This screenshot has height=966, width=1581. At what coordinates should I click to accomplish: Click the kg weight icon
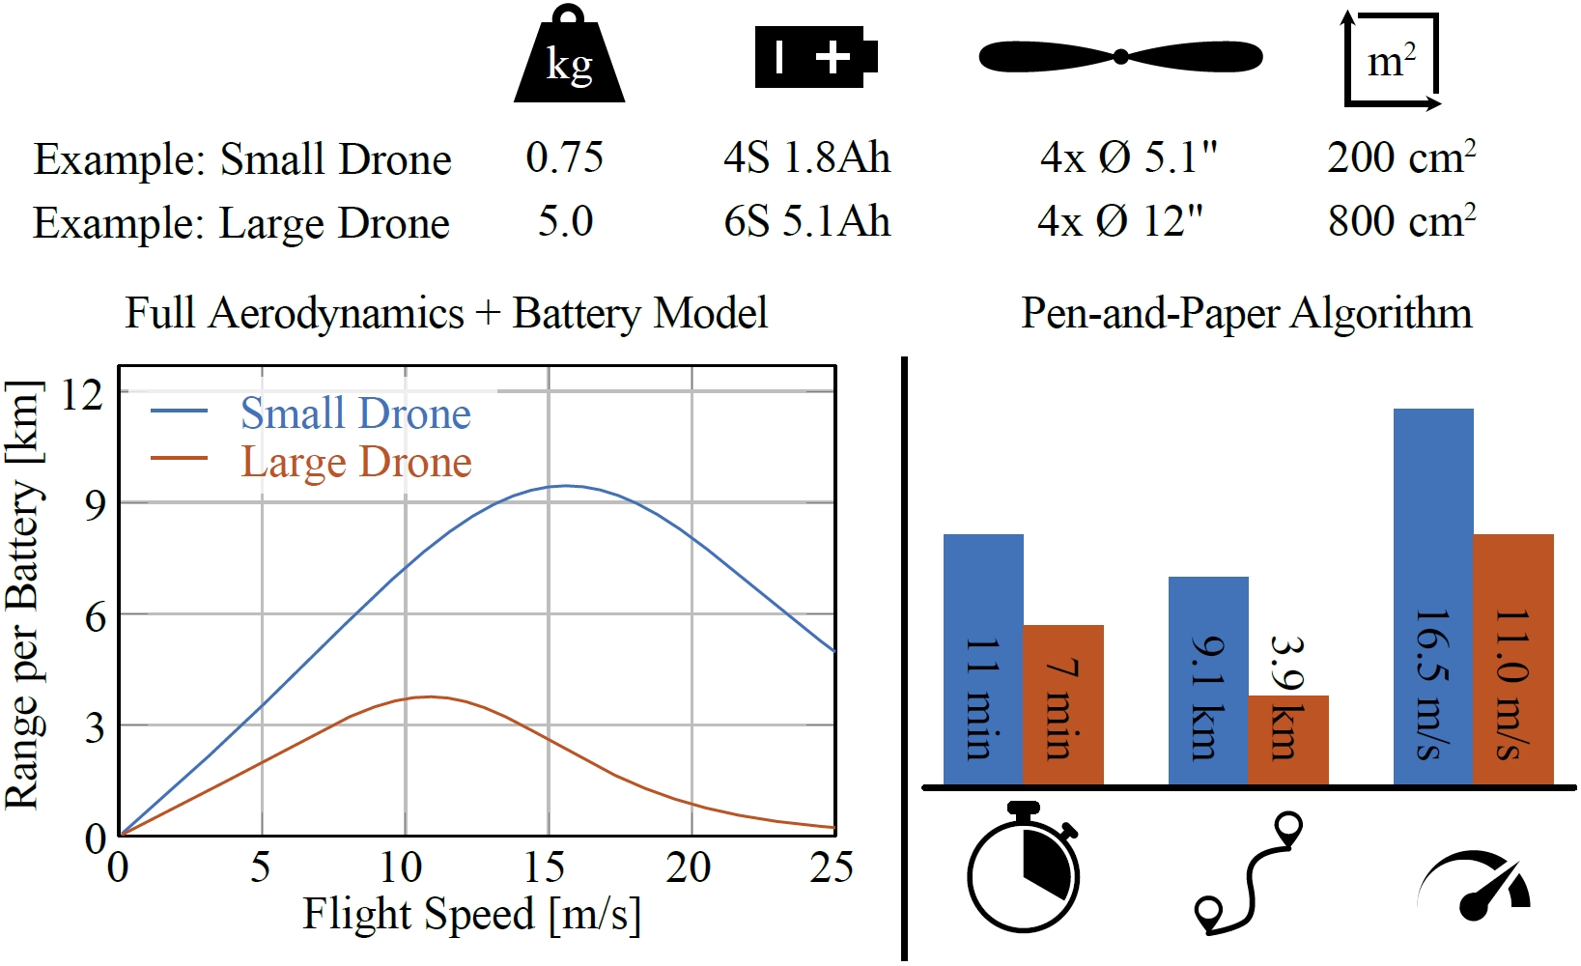(569, 60)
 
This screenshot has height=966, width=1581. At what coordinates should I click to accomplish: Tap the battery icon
(815, 57)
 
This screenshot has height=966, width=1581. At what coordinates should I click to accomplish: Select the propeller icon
(1120, 56)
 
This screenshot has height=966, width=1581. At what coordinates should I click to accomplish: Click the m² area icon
(1392, 60)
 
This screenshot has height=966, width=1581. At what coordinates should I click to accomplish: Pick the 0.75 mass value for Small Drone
(564, 157)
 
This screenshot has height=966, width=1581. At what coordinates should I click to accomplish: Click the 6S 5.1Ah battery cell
(806, 221)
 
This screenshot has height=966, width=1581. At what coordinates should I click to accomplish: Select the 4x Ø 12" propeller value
(1120, 221)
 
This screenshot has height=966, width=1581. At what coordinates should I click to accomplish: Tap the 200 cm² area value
(1400, 157)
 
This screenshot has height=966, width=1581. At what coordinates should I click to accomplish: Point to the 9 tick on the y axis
(95, 503)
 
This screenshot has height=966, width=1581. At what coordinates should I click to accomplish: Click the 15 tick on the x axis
(546, 867)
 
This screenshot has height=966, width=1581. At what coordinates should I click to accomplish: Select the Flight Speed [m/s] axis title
(471, 914)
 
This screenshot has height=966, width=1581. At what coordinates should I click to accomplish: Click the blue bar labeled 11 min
(983, 660)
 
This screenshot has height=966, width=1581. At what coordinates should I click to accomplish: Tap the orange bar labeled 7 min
(1063, 705)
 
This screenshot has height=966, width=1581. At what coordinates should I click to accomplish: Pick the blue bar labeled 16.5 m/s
(1433, 596)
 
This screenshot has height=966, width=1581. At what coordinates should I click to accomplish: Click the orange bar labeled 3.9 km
(1288, 740)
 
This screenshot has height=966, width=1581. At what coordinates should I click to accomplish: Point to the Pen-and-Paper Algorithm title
(1246, 313)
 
